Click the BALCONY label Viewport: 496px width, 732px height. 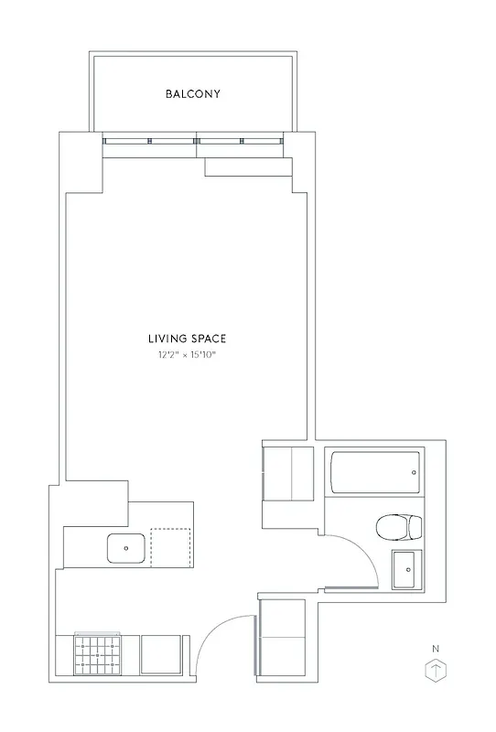click(192, 93)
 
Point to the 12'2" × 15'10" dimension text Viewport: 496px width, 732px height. click(191, 355)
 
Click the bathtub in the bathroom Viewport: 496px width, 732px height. click(374, 474)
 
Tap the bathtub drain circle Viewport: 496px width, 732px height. click(413, 473)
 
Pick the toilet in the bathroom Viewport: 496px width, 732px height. click(399, 527)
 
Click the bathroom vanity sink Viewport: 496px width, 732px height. click(406, 570)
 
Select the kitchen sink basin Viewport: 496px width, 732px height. click(125, 547)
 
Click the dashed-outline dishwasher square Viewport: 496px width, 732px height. click(171, 547)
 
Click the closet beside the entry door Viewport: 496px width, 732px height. click(286, 636)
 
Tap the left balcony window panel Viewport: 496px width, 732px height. click(149, 141)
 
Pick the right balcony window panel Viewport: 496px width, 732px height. click(241, 141)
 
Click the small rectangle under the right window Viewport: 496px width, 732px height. click(248, 167)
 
